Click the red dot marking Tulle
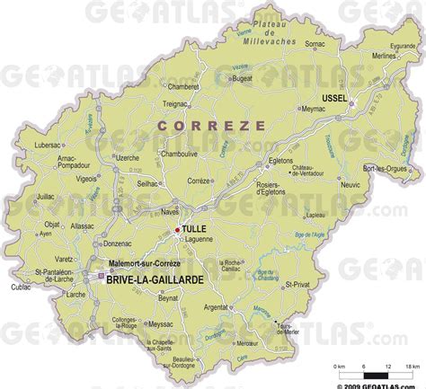pos(176,231)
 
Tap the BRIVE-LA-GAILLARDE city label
pos(154,280)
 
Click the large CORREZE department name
pos(211,127)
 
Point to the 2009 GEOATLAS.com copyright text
pos(380,384)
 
